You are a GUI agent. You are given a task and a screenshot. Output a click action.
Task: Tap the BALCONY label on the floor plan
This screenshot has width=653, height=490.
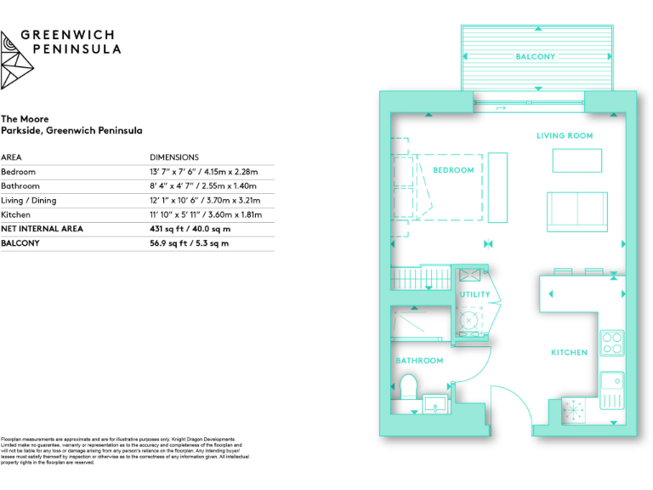click(536, 57)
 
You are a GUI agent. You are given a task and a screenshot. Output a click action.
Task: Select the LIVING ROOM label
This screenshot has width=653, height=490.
click(565, 136)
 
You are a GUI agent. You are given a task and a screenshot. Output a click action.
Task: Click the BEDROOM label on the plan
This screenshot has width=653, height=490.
click(453, 170)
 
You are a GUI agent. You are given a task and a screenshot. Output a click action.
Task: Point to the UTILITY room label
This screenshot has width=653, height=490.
click(474, 295)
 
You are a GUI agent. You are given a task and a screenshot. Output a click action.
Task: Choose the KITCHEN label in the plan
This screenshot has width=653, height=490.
click(569, 352)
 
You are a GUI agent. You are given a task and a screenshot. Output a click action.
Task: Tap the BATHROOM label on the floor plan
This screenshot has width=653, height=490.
click(419, 361)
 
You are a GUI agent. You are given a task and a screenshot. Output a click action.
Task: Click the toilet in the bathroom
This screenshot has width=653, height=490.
click(407, 388)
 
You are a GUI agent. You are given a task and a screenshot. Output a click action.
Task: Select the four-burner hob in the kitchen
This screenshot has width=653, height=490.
click(612, 343)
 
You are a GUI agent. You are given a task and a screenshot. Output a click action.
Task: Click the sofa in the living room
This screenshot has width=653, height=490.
click(577, 210)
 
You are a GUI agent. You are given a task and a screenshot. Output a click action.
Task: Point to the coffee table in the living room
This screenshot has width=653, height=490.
click(577, 160)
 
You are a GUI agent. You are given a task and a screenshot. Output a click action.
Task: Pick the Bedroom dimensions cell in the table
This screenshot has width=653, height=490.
click(203, 172)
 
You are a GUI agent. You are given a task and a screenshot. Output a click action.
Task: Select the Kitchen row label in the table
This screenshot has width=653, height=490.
click(15, 215)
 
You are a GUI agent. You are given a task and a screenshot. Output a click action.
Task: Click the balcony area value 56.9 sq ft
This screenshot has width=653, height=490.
click(189, 243)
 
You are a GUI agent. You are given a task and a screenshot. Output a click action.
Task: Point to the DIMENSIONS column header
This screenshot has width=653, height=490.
click(174, 157)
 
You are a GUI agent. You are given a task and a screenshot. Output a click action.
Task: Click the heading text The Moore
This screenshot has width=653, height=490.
click(25, 119)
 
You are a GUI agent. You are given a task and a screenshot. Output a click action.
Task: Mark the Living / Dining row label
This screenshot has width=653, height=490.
click(29, 201)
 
